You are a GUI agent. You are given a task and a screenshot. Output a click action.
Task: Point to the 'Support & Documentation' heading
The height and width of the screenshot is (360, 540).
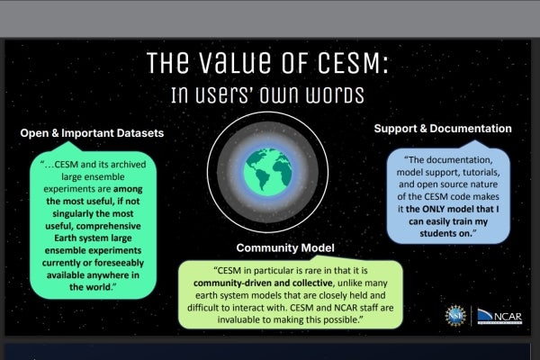443,130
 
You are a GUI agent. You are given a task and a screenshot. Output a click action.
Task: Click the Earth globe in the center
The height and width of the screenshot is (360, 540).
270,177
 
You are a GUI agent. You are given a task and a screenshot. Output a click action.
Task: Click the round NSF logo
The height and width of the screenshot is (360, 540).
454,315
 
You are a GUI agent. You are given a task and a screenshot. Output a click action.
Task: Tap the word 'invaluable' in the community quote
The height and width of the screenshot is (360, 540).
246,319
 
